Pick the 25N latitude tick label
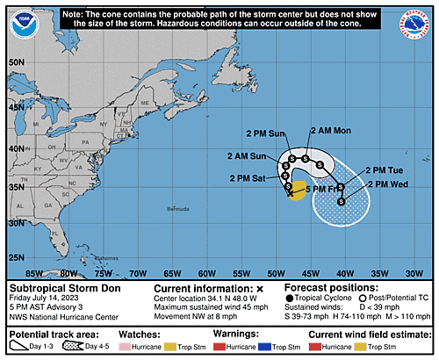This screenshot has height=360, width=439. tap(15, 257)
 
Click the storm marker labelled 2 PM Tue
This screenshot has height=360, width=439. tap(340, 186)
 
